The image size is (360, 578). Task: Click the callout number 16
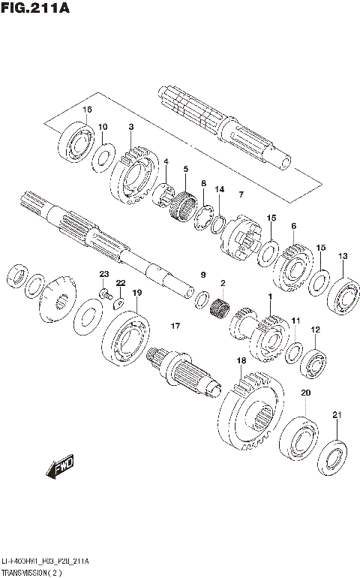click(87, 110)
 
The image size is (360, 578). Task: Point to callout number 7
click(241, 195)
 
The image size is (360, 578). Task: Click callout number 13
click(342, 257)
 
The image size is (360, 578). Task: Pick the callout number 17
click(175, 326)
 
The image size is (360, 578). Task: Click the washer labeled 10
click(103, 157)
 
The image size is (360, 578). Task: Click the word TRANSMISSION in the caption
click(31, 573)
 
